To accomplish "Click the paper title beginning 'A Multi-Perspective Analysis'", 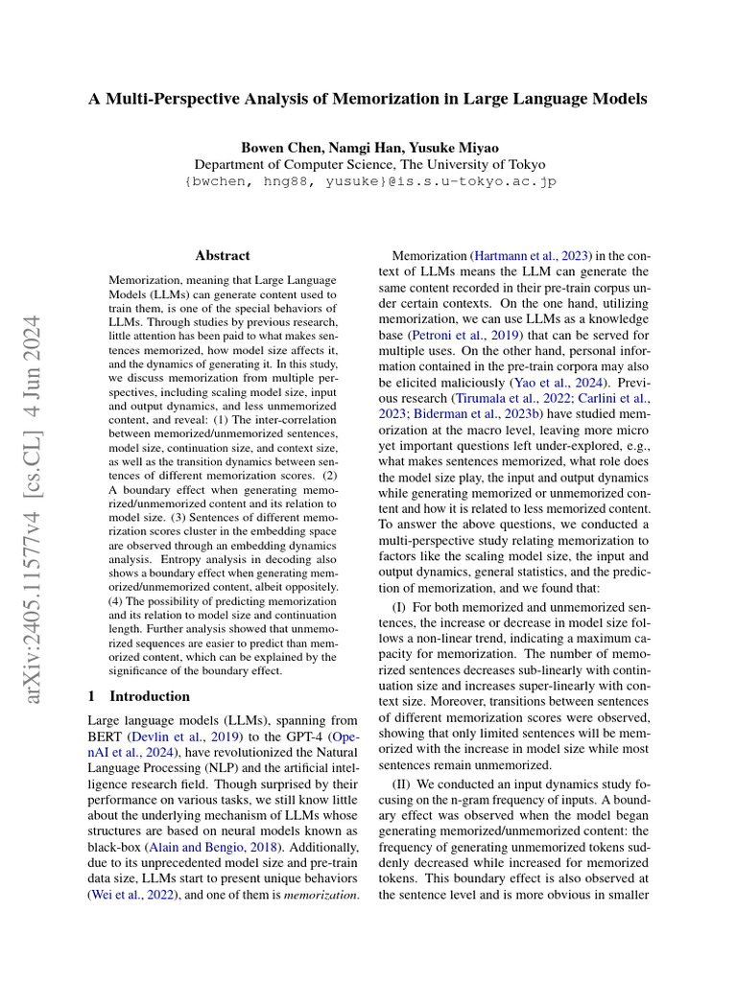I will (x=368, y=98).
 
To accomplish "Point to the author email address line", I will (x=368, y=181).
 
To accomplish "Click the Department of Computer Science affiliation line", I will (x=368, y=164).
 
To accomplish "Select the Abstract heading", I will (x=222, y=256).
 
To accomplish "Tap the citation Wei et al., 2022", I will (x=131, y=894).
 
